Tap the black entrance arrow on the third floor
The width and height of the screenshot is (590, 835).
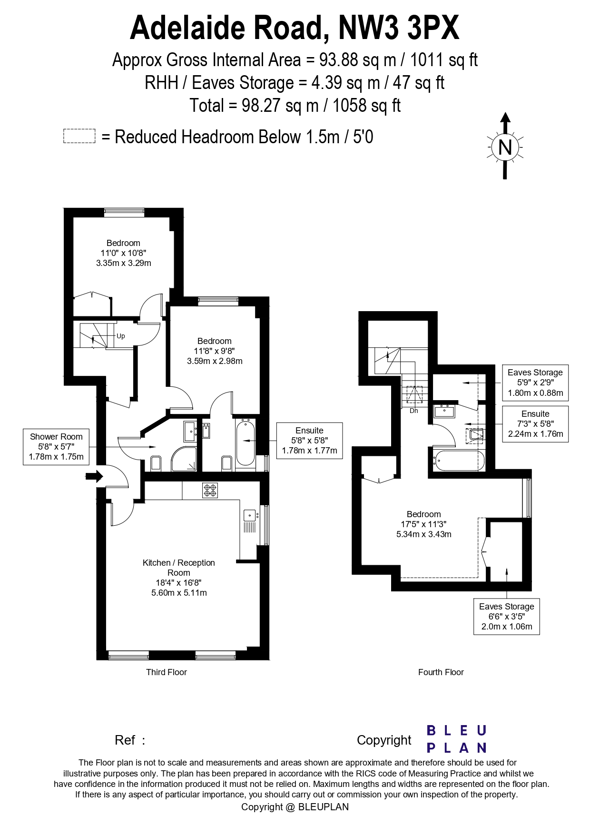94,476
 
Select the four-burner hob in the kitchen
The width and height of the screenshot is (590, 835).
210,490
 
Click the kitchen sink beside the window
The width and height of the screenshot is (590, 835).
249,515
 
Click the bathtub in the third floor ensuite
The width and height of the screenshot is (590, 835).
245,443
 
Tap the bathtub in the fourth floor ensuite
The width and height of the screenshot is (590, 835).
458,461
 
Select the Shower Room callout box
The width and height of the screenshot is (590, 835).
56,447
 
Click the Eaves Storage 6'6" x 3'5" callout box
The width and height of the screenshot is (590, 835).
506,616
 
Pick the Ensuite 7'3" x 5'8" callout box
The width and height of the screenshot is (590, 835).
535,423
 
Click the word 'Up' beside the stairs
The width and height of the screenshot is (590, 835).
121,336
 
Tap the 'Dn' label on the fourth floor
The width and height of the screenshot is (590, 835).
413,411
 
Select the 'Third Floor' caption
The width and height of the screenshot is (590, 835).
166,672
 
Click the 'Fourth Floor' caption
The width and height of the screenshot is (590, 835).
441,672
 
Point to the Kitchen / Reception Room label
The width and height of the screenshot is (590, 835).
179,568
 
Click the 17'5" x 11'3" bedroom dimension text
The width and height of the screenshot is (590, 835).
423,524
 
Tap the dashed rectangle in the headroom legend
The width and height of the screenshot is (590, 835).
79,136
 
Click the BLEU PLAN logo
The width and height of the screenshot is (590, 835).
456,739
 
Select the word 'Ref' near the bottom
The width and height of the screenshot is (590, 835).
125,740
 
